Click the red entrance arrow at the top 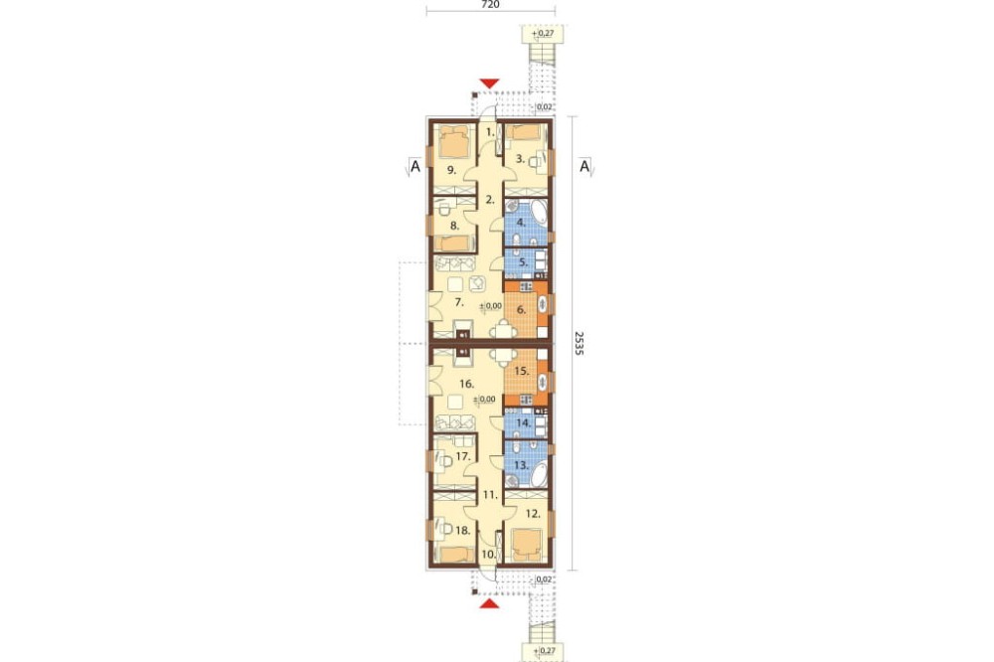pyautogui.click(x=489, y=83)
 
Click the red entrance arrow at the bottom pyautogui.click(x=488, y=603)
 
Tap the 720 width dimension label pyautogui.click(x=491, y=4)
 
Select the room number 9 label pyautogui.click(x=451, y=169)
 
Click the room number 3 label pyautogui.click(x=520, y=159)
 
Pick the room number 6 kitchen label pyautogui.click(x=522, y=310)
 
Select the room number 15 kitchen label pyautogui.click(x=521, y=371)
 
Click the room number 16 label pyautogui.click(x=466, y=384)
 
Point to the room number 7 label pyautogui.click(x=459, y=302)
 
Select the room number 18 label pyautogui.click(x=463, y=531)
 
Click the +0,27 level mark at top pyautogui.click(x=540, y=33)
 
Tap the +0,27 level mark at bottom pyautogui.click(x=540, y=651)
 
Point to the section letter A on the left pyautogui.click(x=415, y=167)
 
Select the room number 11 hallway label pyautogui.click(x=489, y=494)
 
